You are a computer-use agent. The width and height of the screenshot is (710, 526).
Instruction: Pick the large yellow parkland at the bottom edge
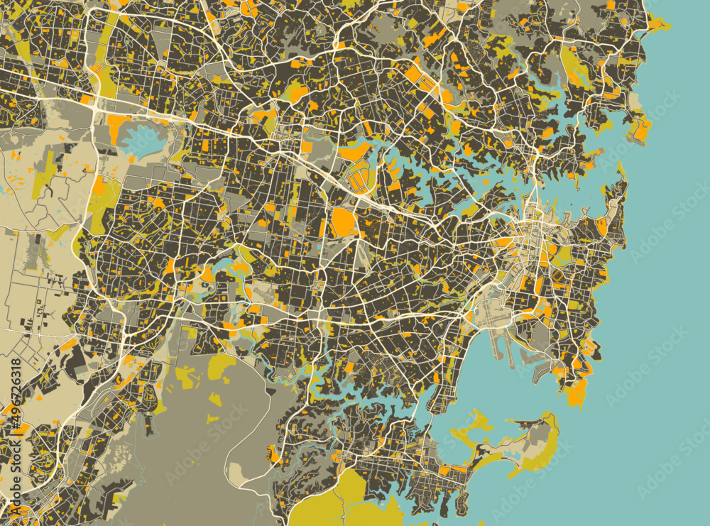pyautogui.click(x=334, y=500)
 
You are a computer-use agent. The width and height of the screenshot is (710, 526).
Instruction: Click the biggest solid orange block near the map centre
pyautogui.click(x=344, y=221)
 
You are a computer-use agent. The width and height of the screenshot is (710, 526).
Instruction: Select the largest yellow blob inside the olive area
pyautogui.click(x=222, y=366)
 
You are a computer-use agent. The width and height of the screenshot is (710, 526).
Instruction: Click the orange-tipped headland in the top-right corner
pyautogui.click(x=657, y=25)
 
